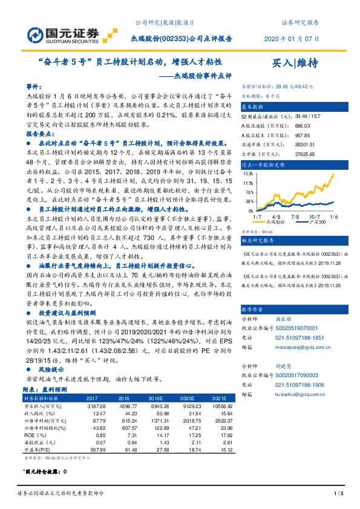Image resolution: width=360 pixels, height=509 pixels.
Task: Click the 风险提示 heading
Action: click(x=53, y=368)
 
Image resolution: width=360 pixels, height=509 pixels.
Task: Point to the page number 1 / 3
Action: click(x=339, y=495)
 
